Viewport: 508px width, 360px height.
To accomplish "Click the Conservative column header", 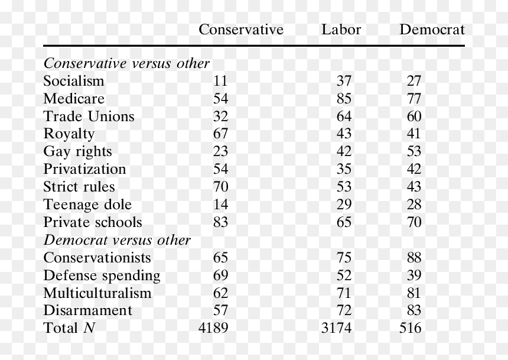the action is coord(241,30).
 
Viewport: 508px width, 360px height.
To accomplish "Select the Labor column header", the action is coord(341,30).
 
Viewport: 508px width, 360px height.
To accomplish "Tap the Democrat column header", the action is coord(432,30).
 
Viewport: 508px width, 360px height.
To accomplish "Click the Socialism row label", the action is coord(74,81).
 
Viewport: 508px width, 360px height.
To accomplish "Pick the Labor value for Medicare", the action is coord(344,99).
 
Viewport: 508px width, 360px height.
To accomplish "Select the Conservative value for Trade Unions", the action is coord(220,116).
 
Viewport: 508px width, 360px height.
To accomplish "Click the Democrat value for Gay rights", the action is coord(414,151).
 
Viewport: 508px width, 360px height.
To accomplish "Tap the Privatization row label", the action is coord(84,169).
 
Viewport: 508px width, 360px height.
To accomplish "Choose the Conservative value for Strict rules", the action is coord(220,187).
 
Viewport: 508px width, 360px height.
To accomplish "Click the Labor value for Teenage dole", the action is coord(344,205).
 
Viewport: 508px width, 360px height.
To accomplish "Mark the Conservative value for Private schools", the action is coord(220,222).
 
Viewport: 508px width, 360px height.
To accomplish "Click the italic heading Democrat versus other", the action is coord(117,240).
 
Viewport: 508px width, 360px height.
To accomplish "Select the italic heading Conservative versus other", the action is coord(126,63).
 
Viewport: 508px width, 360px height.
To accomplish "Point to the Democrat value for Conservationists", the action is coord(414,258).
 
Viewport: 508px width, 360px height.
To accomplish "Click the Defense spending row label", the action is coord(102,275).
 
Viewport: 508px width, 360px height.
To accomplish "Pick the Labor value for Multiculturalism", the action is coord(344,293).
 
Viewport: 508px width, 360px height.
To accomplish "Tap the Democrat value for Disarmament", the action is coord(414,310).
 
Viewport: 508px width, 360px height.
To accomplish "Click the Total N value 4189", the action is coord(213,328).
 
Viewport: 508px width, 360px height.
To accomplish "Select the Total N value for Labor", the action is coord(336,328).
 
